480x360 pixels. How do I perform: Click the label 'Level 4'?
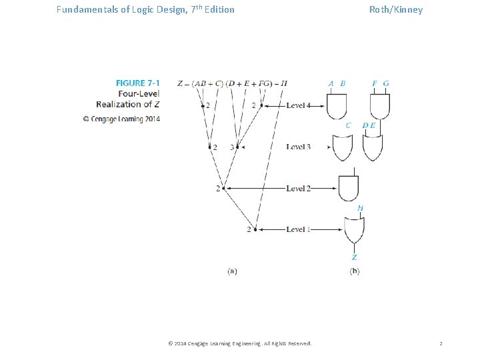[x=298, y=105]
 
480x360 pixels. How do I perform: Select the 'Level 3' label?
[x=298, y=147]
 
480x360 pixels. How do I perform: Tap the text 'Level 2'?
[x=298, y=189]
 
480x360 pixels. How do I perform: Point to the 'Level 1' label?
[x=298, y=229]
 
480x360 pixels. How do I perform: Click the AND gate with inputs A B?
[x=337, y=105]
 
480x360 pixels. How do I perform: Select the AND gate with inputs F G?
[x=380, y=105]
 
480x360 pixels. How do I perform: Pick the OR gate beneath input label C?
[x=342, y=147]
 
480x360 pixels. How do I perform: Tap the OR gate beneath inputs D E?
[x=372, y=147]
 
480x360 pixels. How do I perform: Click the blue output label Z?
[x=354, y=257]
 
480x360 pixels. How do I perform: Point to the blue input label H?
[x=360, y=208]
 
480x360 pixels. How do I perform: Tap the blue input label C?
[x=348, y=125]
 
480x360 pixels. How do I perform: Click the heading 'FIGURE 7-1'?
[x=138, y=83]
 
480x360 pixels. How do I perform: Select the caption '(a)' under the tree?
[x=232, y=271]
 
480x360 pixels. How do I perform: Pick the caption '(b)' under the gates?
[x=354, y=271]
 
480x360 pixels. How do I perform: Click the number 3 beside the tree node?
[x=231, y=147]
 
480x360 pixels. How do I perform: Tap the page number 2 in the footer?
[x=441, y=343]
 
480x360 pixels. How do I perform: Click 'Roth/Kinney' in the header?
[x=396, y=10]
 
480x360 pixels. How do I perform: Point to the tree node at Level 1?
[x=256, y=229]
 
